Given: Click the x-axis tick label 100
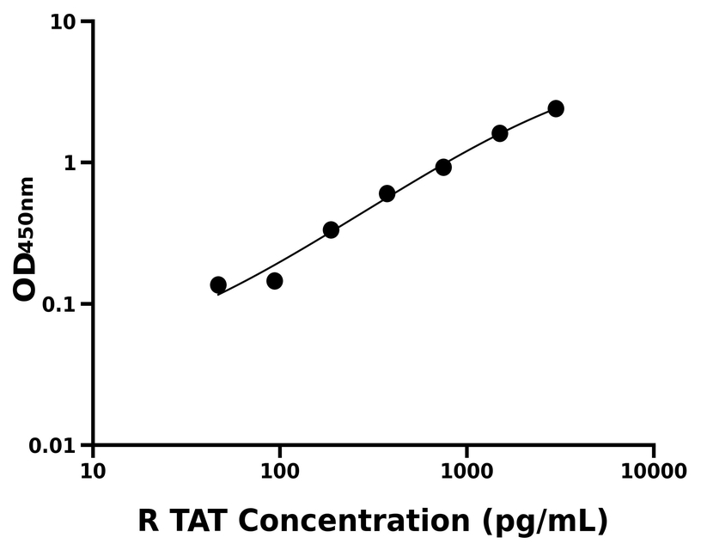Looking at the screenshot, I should pos(280,472).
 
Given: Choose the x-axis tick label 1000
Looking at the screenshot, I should pos(466,472).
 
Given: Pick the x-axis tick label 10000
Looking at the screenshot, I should pos(654,472).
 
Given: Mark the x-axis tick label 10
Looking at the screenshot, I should pos(93,472).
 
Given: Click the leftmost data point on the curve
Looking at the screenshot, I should pos(218,284).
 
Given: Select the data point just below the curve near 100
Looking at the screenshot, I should pos(275,281).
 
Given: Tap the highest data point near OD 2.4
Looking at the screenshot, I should pos(556,108).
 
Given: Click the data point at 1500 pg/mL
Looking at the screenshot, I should pos(500,133).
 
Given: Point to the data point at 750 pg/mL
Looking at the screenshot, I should pos(443,167).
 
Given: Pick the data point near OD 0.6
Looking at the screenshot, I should pos(387,193).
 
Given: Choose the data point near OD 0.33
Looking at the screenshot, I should pos(331,229).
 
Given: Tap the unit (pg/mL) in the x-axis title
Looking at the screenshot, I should pos(546,522).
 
